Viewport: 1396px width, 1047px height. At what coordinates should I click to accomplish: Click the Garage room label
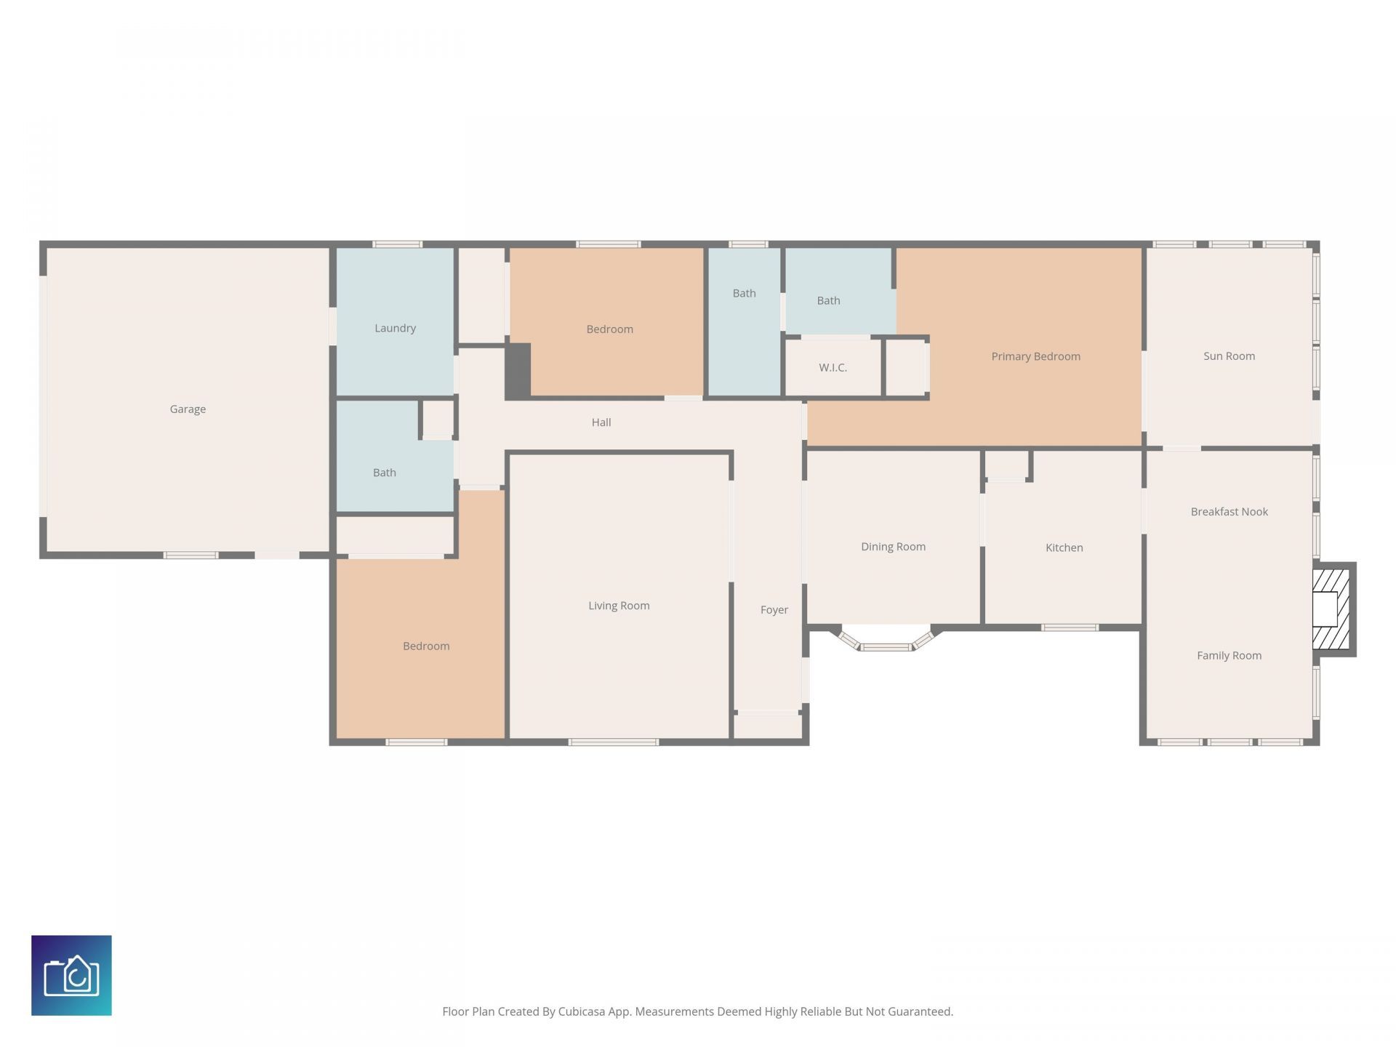click(x=188, y=409)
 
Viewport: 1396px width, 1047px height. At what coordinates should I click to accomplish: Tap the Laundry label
click(x=395, y=328)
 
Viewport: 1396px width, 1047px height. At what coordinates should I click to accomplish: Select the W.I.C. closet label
click(x=833, y=368)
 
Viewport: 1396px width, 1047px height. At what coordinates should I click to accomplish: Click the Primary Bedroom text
click(x=1035, y=356)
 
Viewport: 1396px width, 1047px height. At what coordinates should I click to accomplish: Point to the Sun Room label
click(x=1229, y=356)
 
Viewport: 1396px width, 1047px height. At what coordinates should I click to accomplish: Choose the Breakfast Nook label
click(x=1229, y=512)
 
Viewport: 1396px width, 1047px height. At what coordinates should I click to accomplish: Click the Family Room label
click(x=1229, y=656)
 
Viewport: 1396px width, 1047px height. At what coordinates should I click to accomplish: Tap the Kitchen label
click(x=1064, y=547)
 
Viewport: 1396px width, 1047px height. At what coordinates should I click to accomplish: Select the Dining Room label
click(x=893, y=547)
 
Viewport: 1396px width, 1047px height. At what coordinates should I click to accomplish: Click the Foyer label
click(x=774, y=610)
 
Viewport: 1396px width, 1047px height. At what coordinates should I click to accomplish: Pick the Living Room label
click(x=619, y=606)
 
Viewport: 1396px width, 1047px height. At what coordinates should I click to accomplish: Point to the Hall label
click(x=601, y=422)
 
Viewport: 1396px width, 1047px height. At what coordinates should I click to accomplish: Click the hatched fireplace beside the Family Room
click(x=1331, y=609)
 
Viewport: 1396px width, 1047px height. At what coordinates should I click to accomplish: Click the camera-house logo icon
click(x=71, y=975)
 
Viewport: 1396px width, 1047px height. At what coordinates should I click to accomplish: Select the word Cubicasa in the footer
click(x=581, y=1011)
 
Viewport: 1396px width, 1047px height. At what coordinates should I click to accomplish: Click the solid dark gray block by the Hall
click(x=518, y=370)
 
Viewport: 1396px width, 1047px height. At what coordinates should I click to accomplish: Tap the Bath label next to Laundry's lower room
click(x=384, y=473)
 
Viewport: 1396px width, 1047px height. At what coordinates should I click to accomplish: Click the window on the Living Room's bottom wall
click(x=613, y=742)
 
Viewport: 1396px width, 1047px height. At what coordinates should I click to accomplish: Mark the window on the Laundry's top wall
click(x=397, y=244)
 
